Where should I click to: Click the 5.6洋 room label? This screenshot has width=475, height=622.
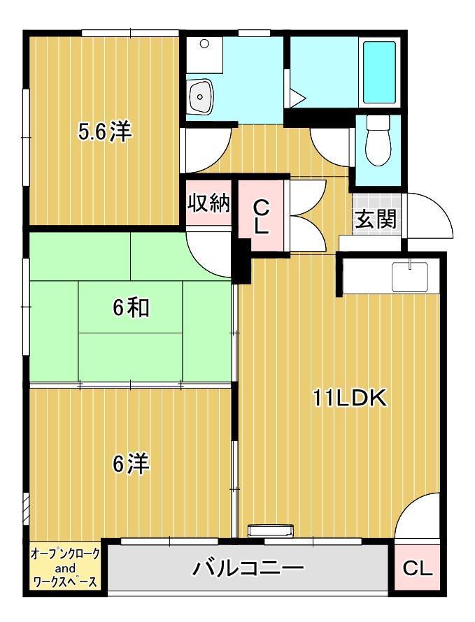click(105, 132)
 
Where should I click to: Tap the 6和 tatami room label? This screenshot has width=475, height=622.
click(131, 308)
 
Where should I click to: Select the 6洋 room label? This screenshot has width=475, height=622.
click(131, 463)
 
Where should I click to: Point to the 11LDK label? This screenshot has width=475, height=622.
click(349, 398)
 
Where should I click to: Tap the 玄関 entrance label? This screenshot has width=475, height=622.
click(375, 219)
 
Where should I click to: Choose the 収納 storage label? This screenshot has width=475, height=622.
click(208, 203)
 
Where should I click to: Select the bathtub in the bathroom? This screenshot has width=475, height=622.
click(379, 72)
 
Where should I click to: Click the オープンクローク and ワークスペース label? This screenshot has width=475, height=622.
click(65, 567)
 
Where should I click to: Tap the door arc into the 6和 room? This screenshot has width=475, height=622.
click(210, 252)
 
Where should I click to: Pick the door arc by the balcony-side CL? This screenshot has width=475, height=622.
click(418, 517)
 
